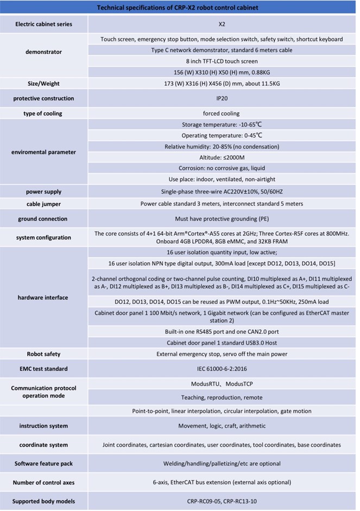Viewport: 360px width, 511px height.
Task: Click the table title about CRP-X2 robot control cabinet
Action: click(x=179, y=8)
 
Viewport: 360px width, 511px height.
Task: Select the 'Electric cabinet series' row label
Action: click(x=43, y=24)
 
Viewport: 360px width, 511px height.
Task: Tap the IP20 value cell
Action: click(x=222, y=98)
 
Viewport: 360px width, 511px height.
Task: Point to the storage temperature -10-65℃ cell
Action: click(x=222, y=124)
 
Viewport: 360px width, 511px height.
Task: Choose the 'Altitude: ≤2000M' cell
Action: click(x=222, y=157)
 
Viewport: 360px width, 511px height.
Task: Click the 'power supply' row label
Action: click(x=43, y=192)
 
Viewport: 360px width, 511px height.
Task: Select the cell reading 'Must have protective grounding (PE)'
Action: click(x=222, y=219)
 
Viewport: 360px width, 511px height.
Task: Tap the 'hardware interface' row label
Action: click(x=43, y=298)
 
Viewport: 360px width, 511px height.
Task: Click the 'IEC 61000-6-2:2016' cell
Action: click(x=222, y=369)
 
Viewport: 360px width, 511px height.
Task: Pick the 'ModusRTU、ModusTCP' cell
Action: click(x=222, y=383)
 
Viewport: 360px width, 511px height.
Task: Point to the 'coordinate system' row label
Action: click(x=43, y=445)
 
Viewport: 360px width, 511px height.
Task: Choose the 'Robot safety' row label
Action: click(x=43, y=354)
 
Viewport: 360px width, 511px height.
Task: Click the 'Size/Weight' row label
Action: click(x=43, y=84)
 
